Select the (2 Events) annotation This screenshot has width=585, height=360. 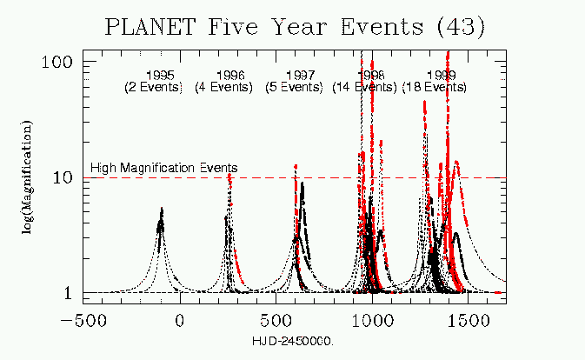(x=153, y=87)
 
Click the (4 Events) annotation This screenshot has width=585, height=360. (x=223, y=87)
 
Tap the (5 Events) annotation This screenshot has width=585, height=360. (x=293, y=87)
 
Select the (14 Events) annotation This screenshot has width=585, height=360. (x=364, y=87)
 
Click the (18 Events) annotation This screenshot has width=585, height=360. (x=434, y=87)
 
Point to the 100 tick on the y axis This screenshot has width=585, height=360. (x=59, y=64)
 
